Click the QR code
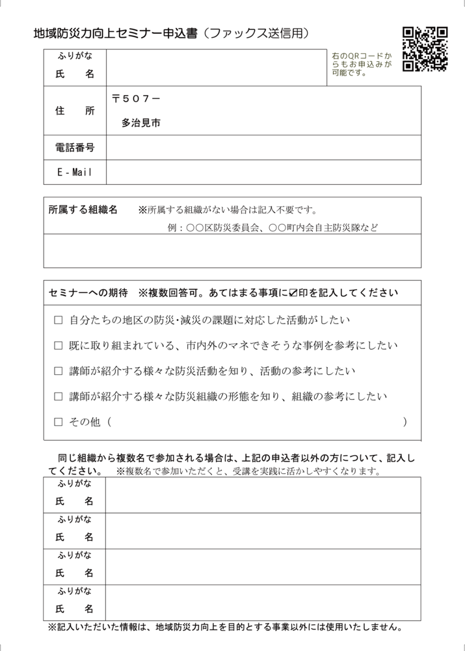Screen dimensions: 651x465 coord(425,49)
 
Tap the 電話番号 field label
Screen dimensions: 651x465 coord(75,148)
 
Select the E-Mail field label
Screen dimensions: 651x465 coord(75,172)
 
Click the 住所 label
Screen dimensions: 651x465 coord(75,111)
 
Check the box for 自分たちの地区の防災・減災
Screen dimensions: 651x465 coord(58,320)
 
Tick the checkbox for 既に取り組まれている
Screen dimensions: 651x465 coord(58,345)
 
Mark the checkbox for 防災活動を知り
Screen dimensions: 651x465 coord(58,371)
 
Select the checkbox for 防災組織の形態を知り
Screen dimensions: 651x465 coord(58,396)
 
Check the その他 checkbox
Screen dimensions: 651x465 coord(58,422)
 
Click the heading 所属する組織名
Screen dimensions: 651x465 coord(83,210)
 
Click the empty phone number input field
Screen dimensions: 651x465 coord(263,148)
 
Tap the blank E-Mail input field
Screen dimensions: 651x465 coord(263,172)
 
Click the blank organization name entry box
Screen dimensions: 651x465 coord(232,251)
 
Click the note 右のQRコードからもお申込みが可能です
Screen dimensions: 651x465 coord(362,64)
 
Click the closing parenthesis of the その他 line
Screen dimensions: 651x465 coord(405,422)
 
